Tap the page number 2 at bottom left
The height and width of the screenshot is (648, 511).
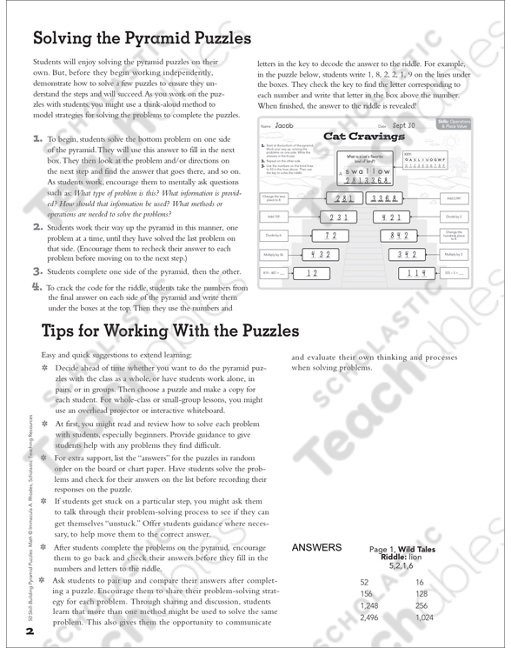point(29,631)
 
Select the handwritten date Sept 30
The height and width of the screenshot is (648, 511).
point(405,124)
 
